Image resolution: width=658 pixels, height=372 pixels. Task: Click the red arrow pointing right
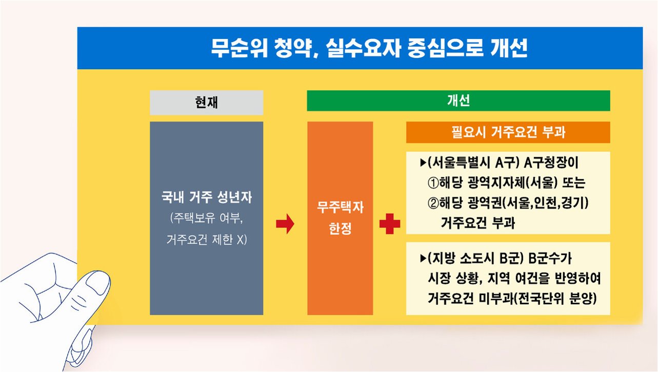[x=285, y=224]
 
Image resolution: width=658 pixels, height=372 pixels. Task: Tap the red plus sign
[x=389, y=224]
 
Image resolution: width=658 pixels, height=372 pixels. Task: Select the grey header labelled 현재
[x=206, y=102]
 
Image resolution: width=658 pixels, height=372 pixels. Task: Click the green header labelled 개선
[x=458, y=101]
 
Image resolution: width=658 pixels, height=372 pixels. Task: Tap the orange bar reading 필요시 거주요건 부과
[x=508, y=133]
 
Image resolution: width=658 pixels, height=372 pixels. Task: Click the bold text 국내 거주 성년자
[x=206, y=197]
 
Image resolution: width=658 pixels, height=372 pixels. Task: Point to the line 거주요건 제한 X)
[x=206, y=239]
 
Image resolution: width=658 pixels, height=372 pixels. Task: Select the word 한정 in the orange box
[x=340, y=229]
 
